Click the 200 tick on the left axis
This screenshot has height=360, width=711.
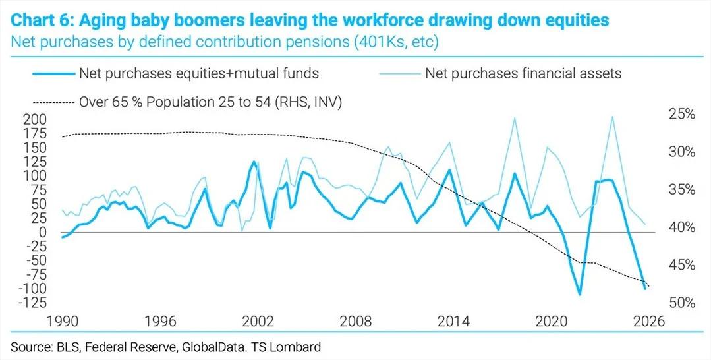tap(35, 120)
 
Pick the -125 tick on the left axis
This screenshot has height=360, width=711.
tap(32, 303)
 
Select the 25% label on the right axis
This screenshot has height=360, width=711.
tap(681, 115)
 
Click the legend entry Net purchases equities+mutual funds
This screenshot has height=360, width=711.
tap(198, 73)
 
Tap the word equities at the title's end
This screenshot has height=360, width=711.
tap(573, 21)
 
